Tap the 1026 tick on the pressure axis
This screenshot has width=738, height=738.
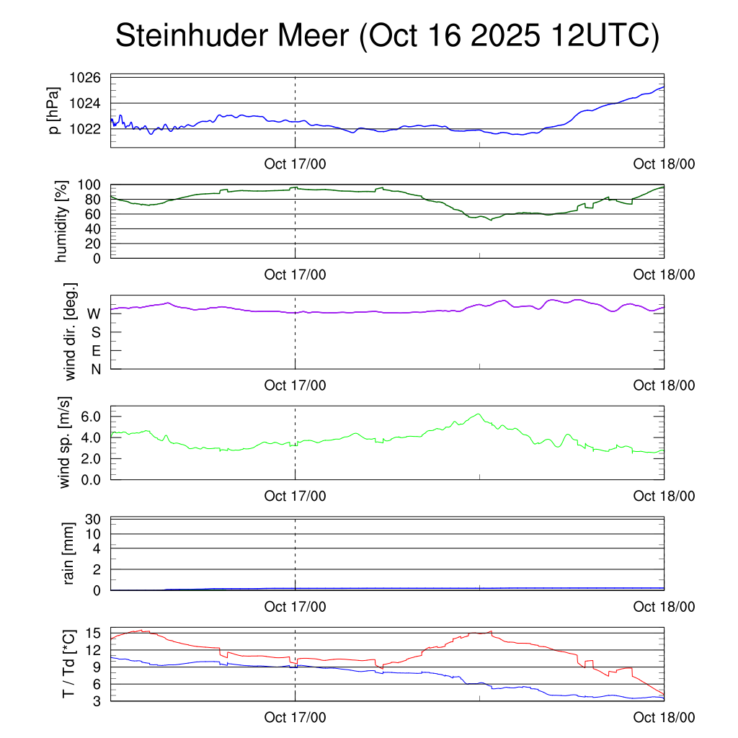pos(85,78)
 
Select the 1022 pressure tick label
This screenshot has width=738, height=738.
pos(85,129)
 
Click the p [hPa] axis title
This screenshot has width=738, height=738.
pos(54,112)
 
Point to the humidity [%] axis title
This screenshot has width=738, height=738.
pos(62,221)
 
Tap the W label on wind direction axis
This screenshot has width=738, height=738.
pos(94,314)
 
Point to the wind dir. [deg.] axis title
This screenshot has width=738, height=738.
pos(70,332)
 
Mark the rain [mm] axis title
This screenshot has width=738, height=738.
pos(70,553)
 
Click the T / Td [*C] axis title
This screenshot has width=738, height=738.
pos(68,664)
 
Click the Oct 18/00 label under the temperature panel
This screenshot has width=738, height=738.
pos(664,718)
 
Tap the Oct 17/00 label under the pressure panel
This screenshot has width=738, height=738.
pos(295,164)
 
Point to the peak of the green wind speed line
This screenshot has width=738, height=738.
pos(478,414)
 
